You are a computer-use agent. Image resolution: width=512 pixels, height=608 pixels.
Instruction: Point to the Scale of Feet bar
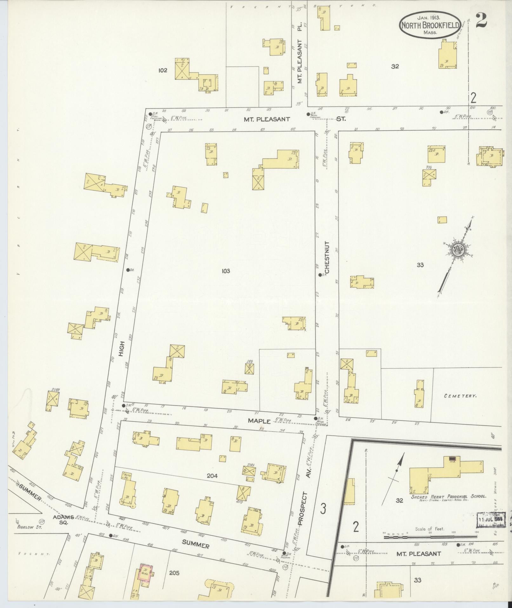coord(430,537)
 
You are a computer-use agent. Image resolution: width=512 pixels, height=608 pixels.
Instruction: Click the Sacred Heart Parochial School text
coord(449,496)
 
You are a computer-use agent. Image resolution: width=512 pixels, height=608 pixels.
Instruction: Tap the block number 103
coord(226,271)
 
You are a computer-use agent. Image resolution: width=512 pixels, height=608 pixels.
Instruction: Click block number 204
coord(212,476)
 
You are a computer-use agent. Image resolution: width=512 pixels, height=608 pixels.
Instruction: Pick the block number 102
coord(163,71)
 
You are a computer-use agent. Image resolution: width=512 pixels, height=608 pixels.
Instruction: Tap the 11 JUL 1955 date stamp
coord(490,520)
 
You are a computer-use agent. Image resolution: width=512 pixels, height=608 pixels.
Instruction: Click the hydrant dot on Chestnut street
coord(320,275)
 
